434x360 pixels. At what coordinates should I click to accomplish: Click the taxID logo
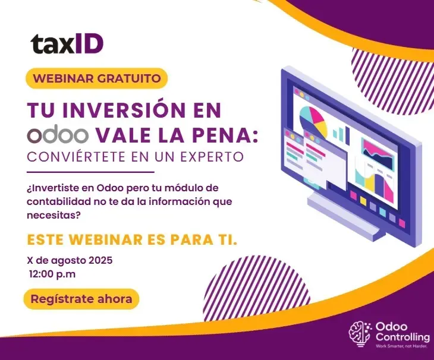tap(67, 44)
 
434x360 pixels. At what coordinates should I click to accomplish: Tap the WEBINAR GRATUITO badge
tap(97, 78)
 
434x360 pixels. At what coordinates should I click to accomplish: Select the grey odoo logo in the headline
tap(58, 135)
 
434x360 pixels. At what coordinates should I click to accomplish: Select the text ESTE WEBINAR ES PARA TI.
tap(133, 239)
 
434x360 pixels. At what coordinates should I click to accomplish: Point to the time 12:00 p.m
tap(52, 274)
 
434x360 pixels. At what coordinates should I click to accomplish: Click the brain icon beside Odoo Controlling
tap(360, 334)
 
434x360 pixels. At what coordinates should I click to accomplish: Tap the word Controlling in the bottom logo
tap(402, 337)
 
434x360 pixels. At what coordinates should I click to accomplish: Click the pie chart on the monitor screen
tap(313, 122)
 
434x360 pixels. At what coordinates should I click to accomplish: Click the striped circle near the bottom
tap(257, 288)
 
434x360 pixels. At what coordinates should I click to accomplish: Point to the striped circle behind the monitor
tap(393, 81)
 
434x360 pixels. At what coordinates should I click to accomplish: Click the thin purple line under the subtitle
tap(90, 172)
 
